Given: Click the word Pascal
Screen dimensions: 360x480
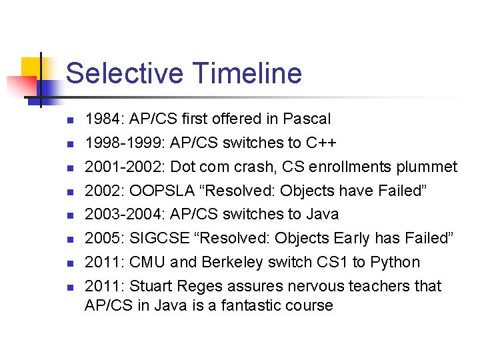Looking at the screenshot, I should (x=307, y=119).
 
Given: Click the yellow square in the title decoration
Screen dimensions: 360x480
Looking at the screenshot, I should (x=31, y=69).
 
